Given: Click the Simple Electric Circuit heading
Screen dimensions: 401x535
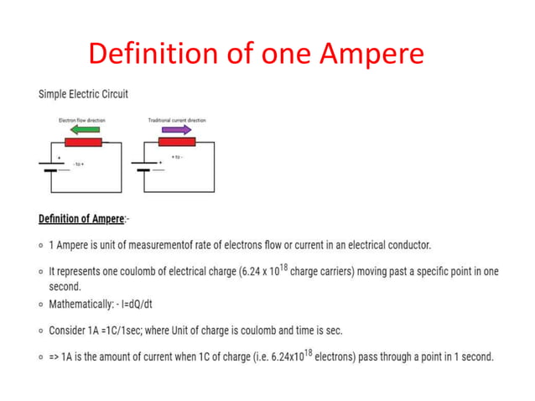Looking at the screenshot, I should pyautogui.click(x=83, y=94).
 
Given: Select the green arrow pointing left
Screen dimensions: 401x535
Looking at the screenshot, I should pyautogui.click(x=84, y=130).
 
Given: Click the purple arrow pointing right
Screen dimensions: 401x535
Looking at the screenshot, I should pyautogui.click(x=175, y=130).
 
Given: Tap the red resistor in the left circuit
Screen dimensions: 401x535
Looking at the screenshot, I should pyautogui.click(x=83, y=142).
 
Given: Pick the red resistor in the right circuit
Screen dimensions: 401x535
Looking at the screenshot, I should pyautogui.click(x=176, y=142).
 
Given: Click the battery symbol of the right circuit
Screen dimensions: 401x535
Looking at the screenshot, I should pyautogui.click(x=143, y=166).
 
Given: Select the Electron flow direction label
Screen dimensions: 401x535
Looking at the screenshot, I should pyautogui.click(x=82, y=120).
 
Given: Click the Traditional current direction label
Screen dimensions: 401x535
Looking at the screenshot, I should pyautogui.click(x=177, y=120).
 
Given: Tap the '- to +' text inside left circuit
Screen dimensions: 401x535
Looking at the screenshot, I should pyautogui.click(x=81, y=164).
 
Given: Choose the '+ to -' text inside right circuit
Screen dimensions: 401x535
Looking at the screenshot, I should pyautogui.click(x=177, y=157).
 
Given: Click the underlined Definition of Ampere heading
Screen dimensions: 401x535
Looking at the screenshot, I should pyautogui.click(x=81, y=220).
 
